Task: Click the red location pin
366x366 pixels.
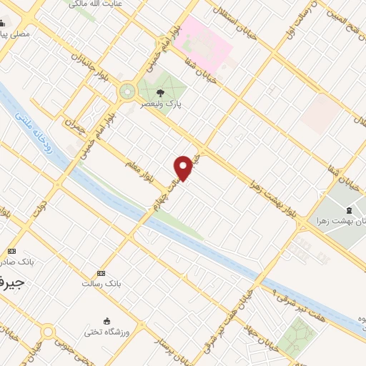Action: point(184,168)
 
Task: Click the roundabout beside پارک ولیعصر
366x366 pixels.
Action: point(128,91)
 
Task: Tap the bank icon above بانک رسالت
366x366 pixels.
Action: point(101,273)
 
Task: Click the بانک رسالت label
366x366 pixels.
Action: point(101,284)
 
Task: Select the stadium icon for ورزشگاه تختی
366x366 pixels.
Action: point(107,320)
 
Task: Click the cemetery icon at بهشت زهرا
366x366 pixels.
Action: point(348,210)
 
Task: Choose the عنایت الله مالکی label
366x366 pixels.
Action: point(94,4)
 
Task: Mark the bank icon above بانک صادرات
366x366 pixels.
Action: point(12,251)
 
